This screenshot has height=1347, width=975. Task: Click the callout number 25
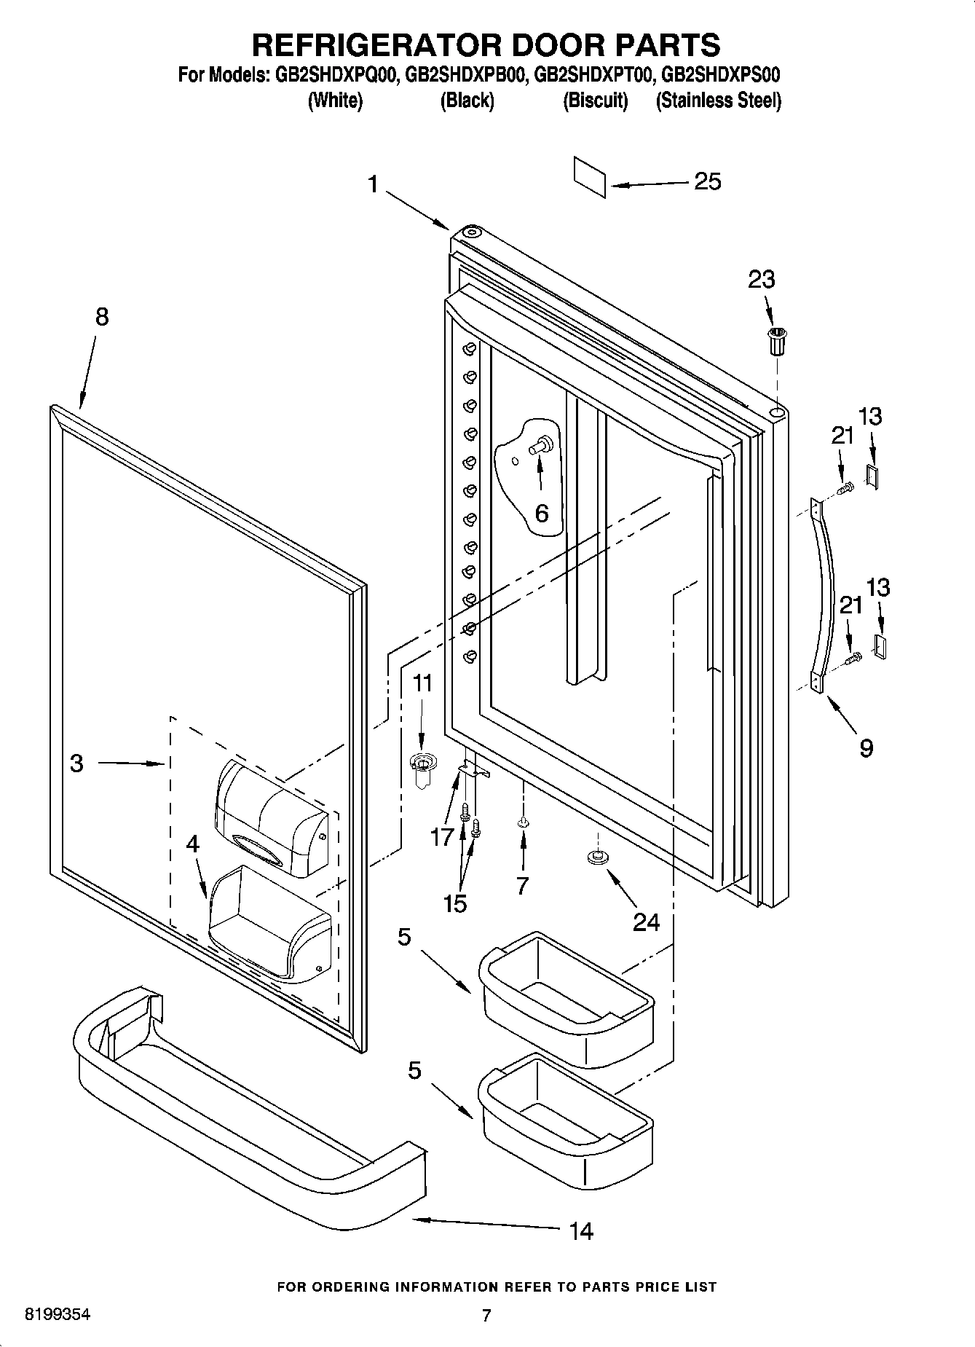tap(707, 181)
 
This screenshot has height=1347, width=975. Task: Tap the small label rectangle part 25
tap(589, 176)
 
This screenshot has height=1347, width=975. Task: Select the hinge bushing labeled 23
tap(778, 341)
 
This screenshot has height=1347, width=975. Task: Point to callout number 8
tap(101, 316)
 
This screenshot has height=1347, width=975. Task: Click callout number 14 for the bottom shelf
tap(581, 1230)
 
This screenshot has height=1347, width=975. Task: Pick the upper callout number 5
tap(405, 937)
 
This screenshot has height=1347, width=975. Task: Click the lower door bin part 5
tap(565, 1106)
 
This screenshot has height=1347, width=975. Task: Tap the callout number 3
tap(76, 763)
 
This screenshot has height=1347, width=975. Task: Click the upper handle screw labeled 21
tap(845, 490)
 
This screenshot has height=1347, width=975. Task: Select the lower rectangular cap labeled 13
tap(880, 645)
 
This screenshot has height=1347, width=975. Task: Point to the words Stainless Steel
tap(718, 101)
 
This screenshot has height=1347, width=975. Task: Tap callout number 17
tap(441, 837)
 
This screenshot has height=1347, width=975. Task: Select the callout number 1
tap(373, 184)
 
